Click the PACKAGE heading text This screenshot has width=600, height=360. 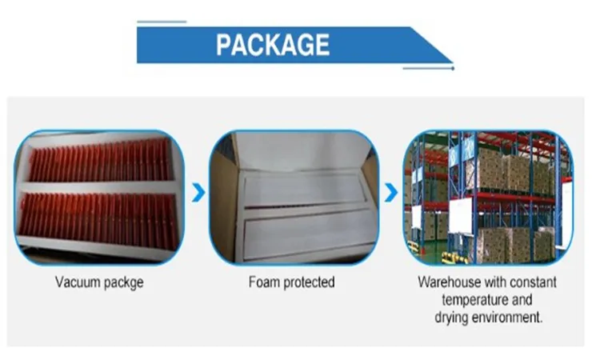pyautogui.click(x=272, y=44)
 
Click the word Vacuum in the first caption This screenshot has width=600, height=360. pyautogui.click(x=76, y=282)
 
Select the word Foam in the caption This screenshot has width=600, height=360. pyautogui.click(x=263, y=282)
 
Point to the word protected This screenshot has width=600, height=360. pyautogui.click(x=307, y=282)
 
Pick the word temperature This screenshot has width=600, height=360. pyautogui.click(x=470, y=300)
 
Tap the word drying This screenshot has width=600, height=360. pyautogui.click(x=453, y=317)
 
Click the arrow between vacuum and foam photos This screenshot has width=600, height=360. pyautogui.click(x=199, y=193)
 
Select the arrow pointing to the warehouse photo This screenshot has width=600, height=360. pyautogui.click(x=390, y=193)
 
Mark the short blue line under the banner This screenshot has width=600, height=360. pyautogui.click(x=429, y=69)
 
